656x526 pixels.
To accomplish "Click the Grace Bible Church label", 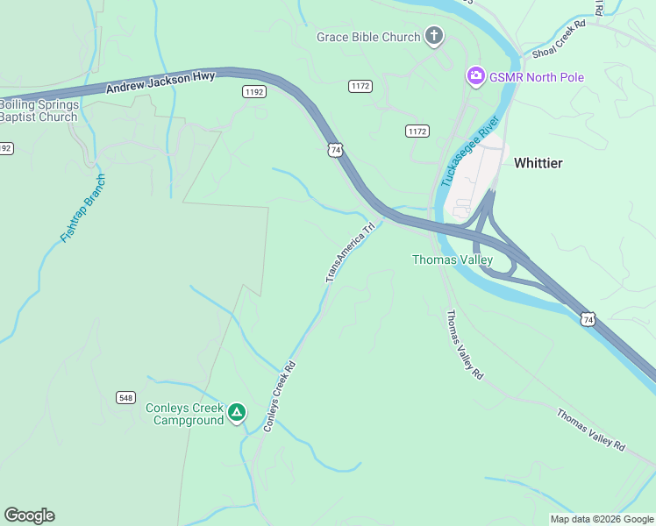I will coord(368,37).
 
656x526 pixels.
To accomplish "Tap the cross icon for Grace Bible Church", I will coord(433,36).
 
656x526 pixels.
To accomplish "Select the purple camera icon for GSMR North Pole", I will coord(475,77).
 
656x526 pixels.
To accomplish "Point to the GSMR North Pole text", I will coord(537,77).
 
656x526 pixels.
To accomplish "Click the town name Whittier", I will coord(538,163).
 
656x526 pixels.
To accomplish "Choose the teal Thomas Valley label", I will coord(453,259).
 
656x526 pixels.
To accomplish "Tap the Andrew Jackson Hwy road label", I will coord(160,83).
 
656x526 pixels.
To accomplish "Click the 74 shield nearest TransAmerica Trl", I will coord(336,150).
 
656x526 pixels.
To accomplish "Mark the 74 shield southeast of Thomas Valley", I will coord(588,321).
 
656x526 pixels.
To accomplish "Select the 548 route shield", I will coord(125,397).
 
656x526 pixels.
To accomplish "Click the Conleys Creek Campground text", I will coord(184,414).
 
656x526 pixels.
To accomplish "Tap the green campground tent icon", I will coord(236,413).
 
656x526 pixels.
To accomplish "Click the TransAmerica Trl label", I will coord(350,252).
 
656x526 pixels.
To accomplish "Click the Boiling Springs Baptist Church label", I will coord(39,110).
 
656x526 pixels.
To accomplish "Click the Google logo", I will coord(29,515).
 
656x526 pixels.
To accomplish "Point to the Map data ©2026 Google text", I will coord(602,519).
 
